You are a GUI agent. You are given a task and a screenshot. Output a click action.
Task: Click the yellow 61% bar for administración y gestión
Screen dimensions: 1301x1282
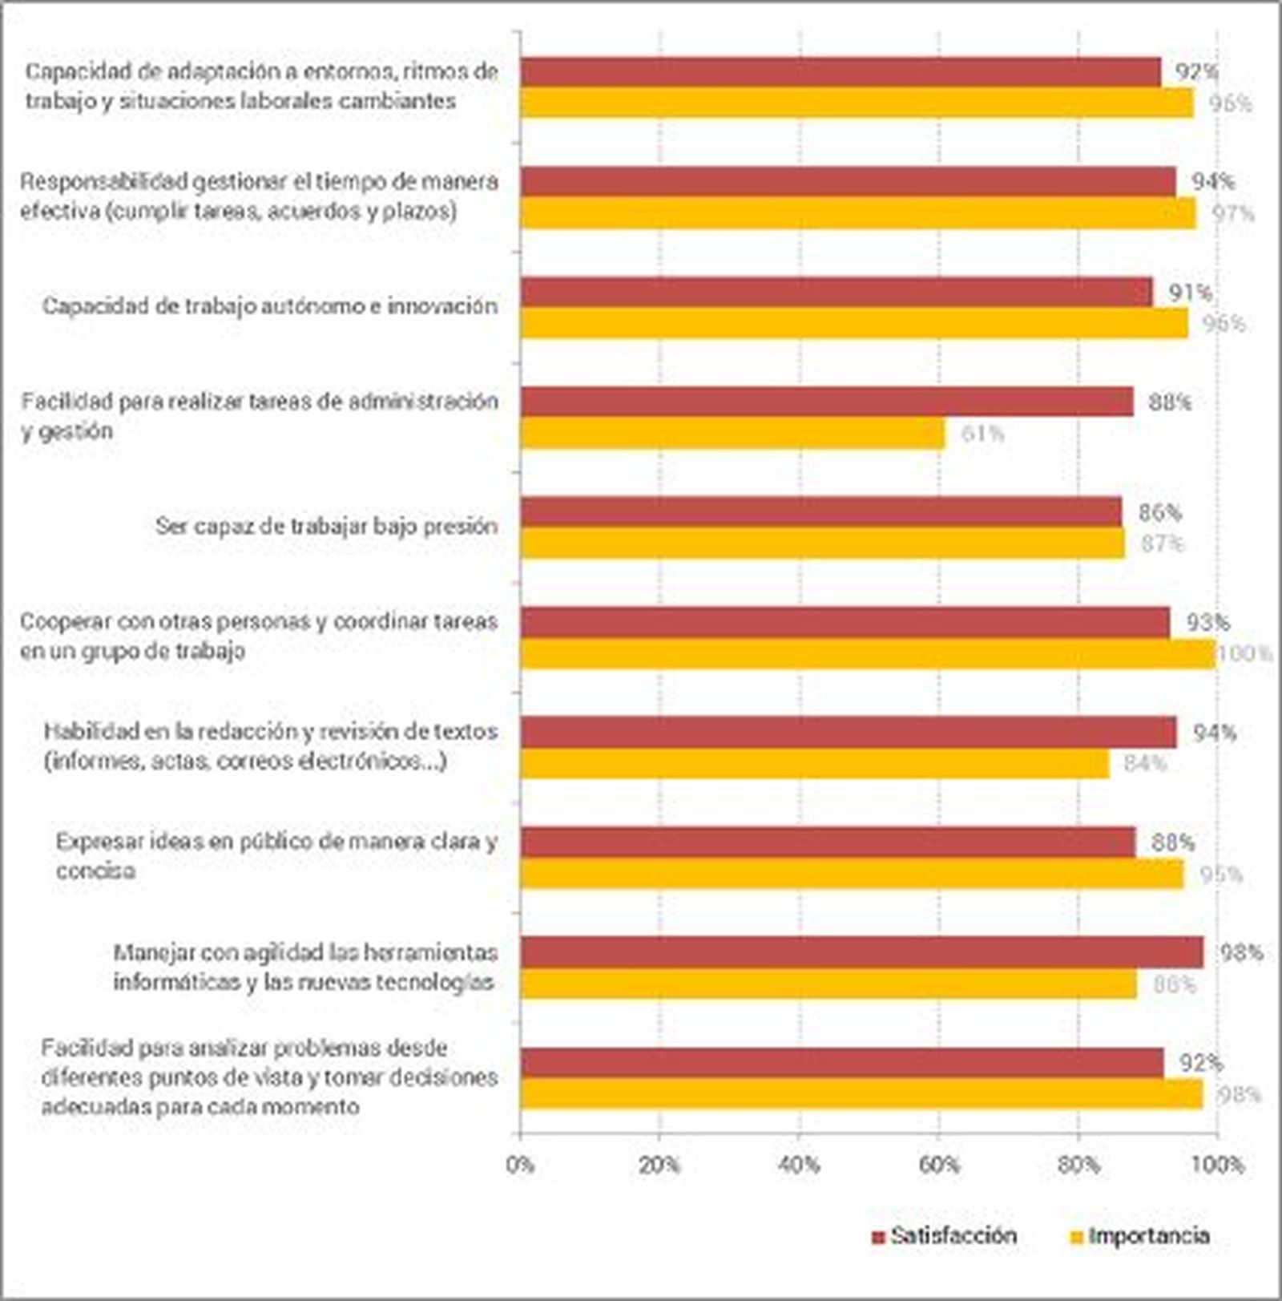732,433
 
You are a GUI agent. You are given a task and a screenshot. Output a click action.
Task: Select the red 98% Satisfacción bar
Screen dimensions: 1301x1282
861,953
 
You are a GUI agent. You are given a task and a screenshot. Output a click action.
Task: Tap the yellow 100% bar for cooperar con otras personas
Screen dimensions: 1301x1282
868,653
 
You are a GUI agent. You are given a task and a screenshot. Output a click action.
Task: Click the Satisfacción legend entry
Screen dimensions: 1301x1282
945,1235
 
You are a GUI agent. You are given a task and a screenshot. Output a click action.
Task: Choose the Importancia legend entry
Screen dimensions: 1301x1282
1140,1235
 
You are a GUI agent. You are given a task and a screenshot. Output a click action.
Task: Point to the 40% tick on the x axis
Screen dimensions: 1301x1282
799,1164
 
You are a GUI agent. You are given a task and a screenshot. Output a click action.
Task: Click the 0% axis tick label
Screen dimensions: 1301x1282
521,1164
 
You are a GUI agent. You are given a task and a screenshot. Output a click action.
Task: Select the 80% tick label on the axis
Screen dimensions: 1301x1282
1078,1164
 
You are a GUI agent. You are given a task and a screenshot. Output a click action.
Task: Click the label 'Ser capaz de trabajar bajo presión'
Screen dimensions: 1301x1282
326,527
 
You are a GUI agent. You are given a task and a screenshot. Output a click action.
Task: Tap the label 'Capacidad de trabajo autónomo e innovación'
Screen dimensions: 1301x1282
270,306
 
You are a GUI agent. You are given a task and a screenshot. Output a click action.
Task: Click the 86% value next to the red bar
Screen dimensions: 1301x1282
1159,512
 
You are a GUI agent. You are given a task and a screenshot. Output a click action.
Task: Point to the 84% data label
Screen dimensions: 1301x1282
1144,763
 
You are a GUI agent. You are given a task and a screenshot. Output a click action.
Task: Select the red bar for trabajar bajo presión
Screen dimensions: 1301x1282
820,512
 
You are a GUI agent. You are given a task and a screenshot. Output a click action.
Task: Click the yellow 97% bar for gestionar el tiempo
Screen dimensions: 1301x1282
857,213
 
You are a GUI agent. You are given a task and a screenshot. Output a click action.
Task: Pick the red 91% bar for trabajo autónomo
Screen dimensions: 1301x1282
836,292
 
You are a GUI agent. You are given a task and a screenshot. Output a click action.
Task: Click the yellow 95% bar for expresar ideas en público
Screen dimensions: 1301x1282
851,874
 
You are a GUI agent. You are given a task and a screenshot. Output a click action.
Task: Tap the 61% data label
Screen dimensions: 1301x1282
982,434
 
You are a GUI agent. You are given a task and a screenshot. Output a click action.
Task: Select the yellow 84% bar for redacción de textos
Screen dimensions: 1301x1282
814,763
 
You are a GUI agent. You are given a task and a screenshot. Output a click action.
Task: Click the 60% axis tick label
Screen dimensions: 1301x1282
938,1164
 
